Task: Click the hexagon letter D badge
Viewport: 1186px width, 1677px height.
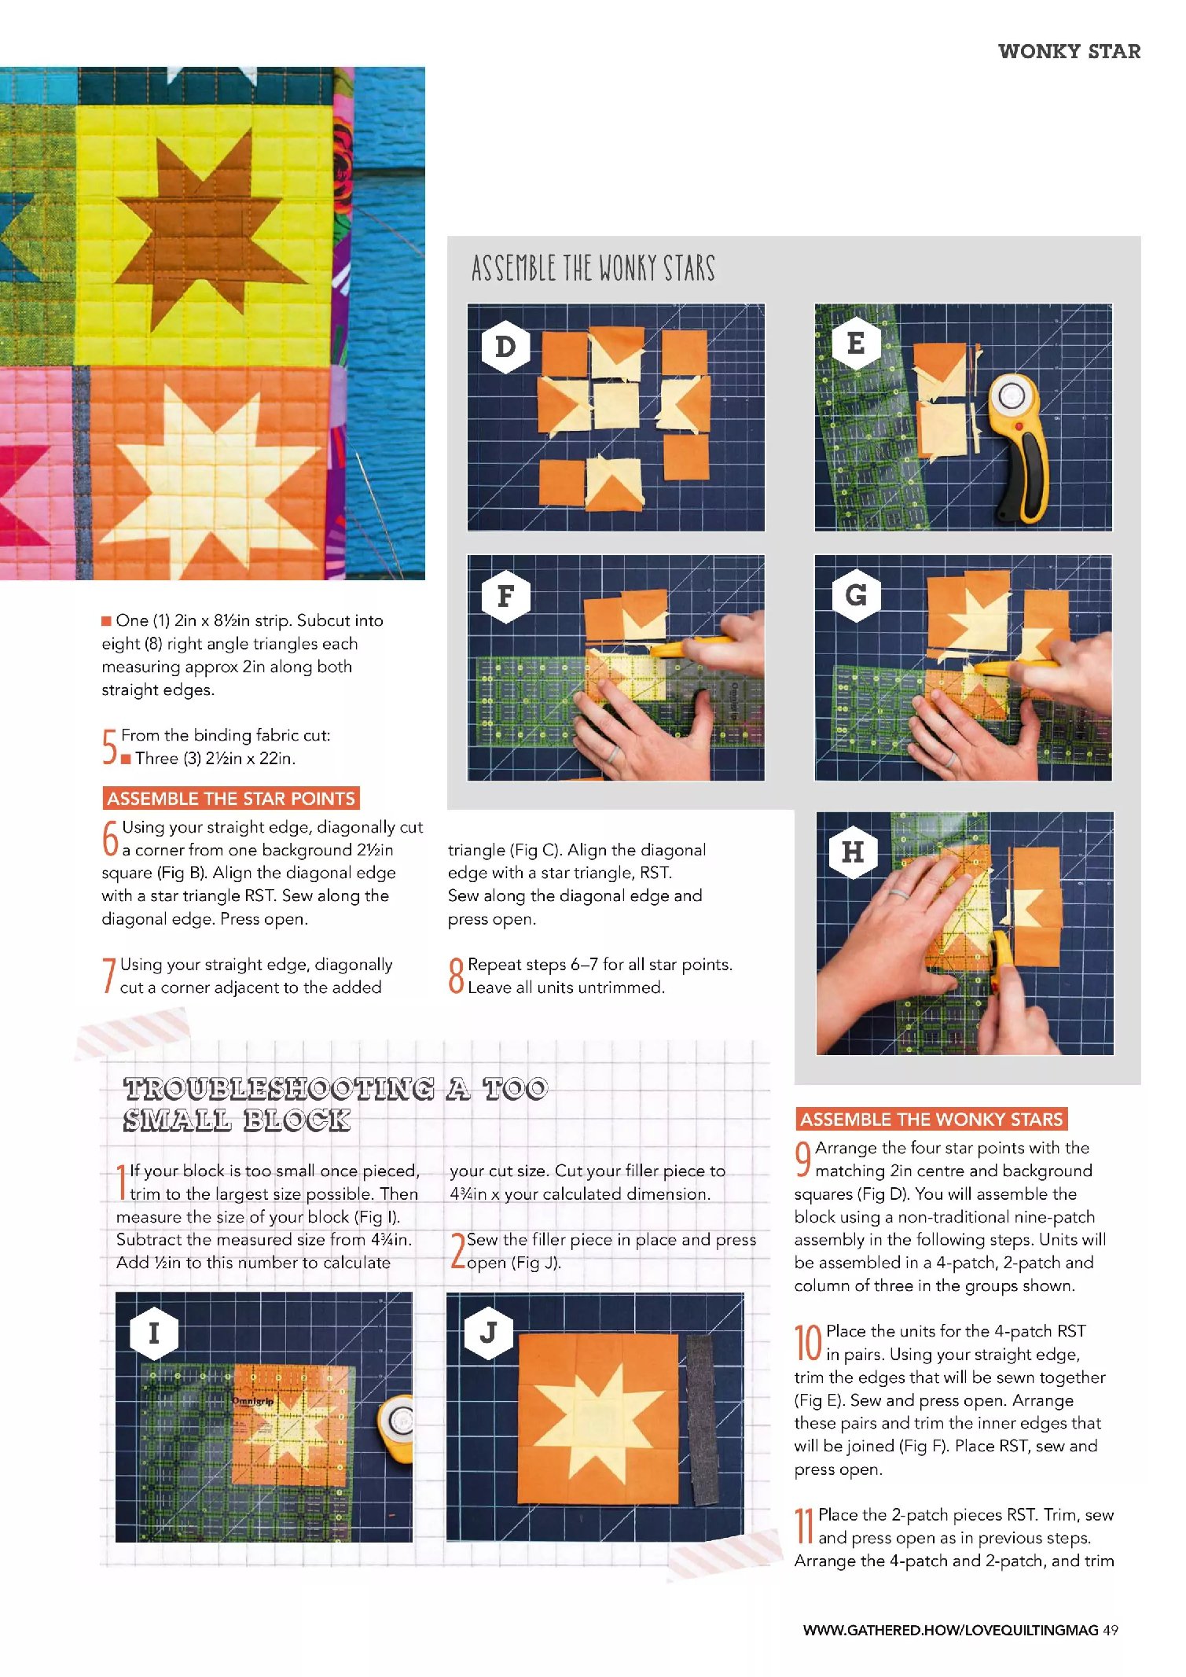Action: (x=505, y=347)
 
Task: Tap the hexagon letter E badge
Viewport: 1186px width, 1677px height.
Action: (x=856, y=344)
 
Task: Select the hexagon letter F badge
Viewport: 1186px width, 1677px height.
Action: (x=505, y=596)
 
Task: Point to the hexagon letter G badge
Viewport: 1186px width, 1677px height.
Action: (x=856, y=594)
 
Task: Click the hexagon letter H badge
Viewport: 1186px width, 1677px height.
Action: (x=853, y=851)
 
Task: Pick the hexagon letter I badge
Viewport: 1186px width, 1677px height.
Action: (x=154, y=1333)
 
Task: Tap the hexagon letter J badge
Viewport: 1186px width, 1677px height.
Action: (x=488, y=1332)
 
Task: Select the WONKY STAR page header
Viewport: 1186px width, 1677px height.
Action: (x=1069, y=51)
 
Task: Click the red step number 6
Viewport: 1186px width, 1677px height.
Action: (x=111, y=838)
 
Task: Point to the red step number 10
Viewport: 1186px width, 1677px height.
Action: (x=808, y=1342)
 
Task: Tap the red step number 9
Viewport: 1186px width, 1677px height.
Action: (x=803, y=1159)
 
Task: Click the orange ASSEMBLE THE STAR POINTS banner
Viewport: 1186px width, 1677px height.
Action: (x=231, y=798)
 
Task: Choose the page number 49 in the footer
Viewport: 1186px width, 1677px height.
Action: (x=1110, y=1630)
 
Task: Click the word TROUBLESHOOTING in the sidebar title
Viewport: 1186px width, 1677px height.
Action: (x=279, y=1088)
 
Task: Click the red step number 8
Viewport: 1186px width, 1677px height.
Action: (x=456, y=976)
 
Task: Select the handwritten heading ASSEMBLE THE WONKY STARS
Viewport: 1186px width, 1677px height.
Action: (x=593, y=268)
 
